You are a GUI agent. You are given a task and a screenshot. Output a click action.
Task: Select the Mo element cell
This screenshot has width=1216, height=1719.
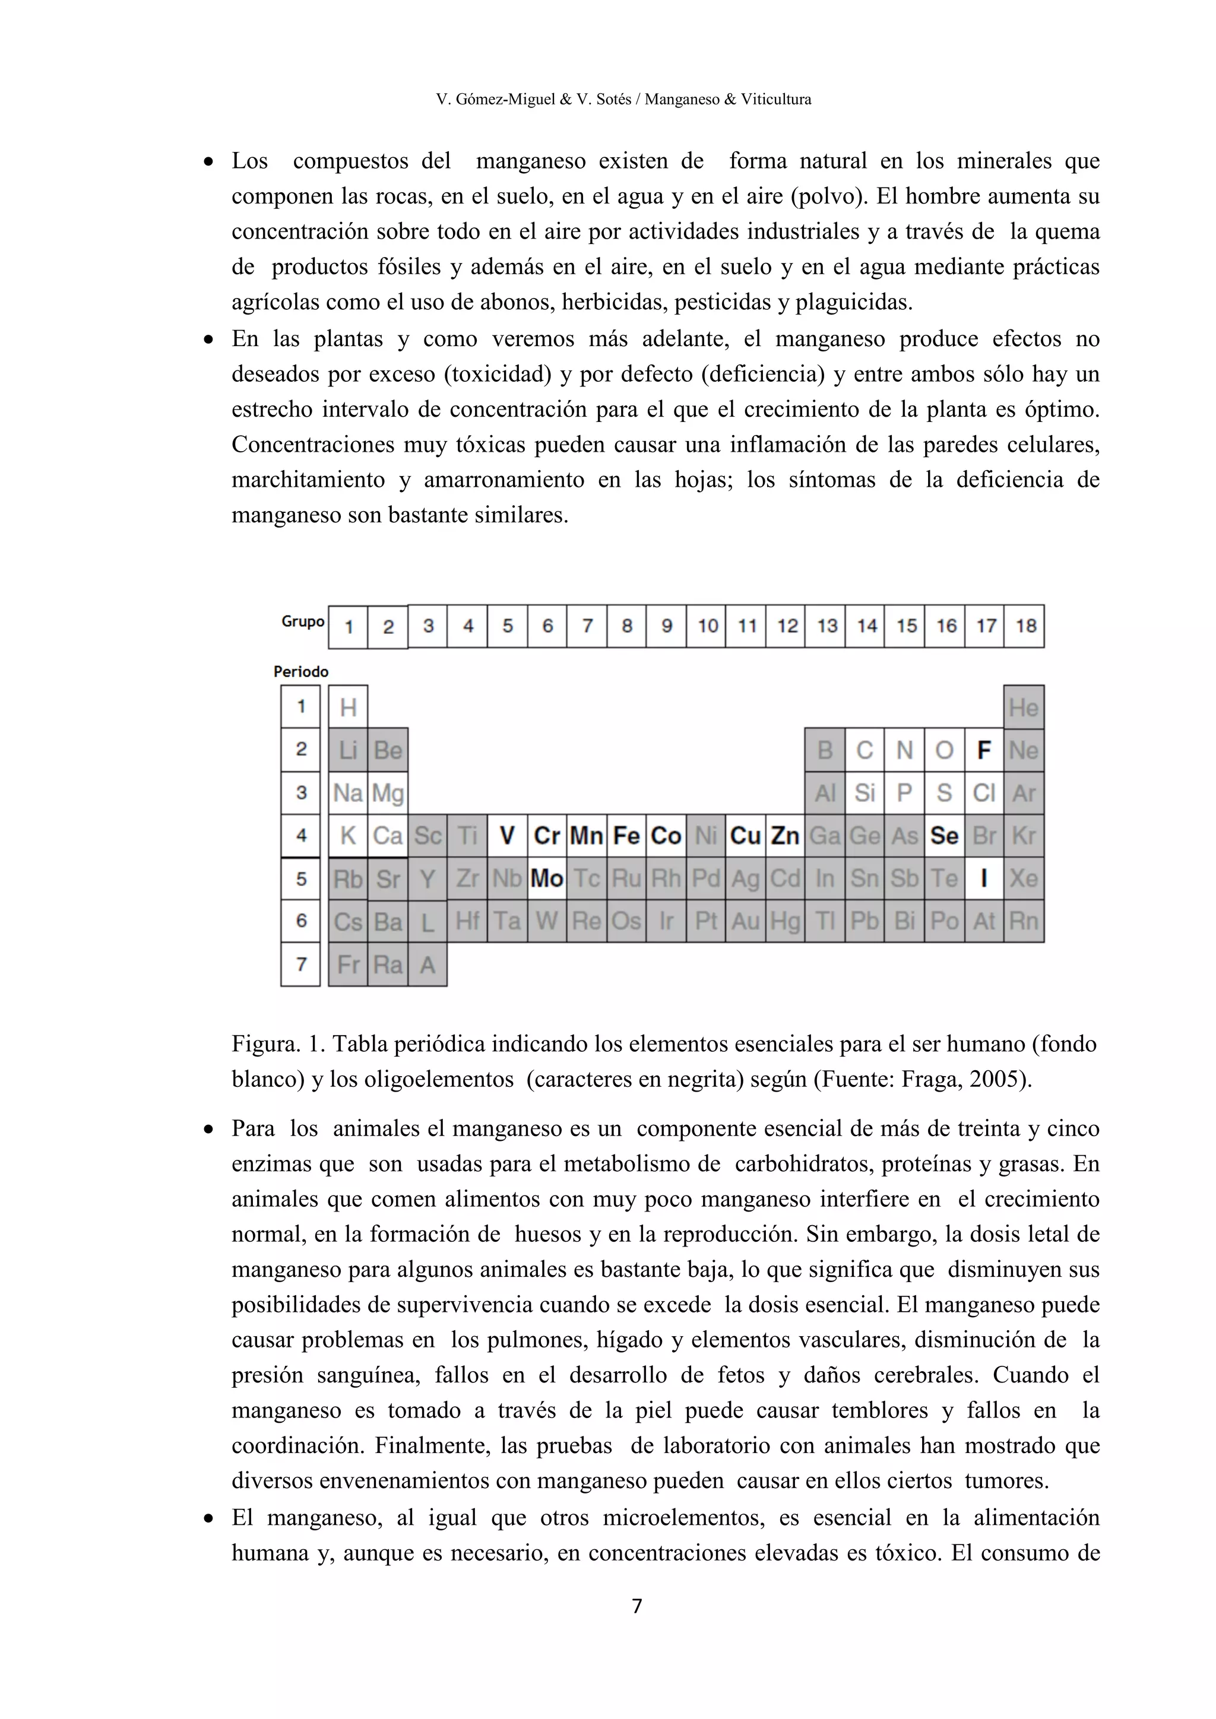(x=547, y=878)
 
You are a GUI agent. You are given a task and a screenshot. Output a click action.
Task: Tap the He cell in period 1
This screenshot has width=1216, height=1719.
(x=1024, y=708)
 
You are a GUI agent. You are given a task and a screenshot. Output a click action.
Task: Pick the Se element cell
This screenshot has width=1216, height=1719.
(x=944, y=836)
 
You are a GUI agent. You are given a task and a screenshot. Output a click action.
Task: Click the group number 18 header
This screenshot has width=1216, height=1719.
(x=1025, y=626)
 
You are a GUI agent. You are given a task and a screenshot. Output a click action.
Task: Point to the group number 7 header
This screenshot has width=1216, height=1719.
(x=587, y=626)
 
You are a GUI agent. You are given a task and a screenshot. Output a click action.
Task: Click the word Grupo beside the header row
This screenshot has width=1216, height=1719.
(x=302, y=621)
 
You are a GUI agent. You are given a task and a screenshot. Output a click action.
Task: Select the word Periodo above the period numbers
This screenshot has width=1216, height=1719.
(x=301, y=671)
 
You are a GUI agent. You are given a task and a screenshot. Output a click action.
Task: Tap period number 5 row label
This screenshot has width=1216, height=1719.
(x=301, y=878)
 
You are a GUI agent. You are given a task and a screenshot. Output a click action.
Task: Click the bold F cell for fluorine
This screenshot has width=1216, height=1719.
(x=984, y=750)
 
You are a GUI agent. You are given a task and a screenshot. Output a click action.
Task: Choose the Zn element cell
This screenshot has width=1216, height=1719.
(x=785, y=836)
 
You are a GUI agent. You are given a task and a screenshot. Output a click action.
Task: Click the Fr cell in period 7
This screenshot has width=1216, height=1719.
(x=348, y=965)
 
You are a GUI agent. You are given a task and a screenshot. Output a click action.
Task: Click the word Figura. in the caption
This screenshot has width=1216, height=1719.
(x=266, y=1044)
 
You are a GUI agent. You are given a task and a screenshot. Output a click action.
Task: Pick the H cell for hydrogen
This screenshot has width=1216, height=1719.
(x=348, y=708)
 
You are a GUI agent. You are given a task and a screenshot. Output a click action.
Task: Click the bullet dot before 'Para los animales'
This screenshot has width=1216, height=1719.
(x=209, y=1129)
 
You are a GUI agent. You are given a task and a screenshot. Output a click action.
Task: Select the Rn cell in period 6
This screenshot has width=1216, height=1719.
(x=1024, y=921)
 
